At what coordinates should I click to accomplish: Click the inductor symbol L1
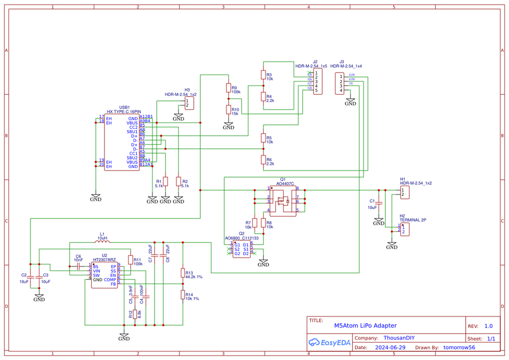point(102,242)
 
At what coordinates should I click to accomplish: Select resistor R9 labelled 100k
point(229,88)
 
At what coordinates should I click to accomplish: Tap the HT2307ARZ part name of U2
point(104,260)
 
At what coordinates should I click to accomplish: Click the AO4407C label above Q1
point(285,183)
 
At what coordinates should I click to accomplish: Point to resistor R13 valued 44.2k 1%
point(183,273)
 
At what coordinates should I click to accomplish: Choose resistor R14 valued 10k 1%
point(183,295)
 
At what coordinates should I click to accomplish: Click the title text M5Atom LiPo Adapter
point(365,326)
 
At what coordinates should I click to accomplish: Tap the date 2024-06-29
point(390,348)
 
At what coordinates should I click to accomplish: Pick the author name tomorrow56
point(459,348)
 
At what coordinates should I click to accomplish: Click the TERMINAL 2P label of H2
point(413,220)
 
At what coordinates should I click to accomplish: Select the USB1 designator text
point(124,107)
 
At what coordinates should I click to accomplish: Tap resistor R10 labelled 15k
point(229,110)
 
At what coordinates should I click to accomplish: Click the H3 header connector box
point(189,103)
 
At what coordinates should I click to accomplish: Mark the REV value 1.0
point(488,326)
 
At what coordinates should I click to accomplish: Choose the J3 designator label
point(341,62)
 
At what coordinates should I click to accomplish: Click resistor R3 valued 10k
point(263,75)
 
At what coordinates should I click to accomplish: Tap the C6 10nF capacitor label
point(79,258)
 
